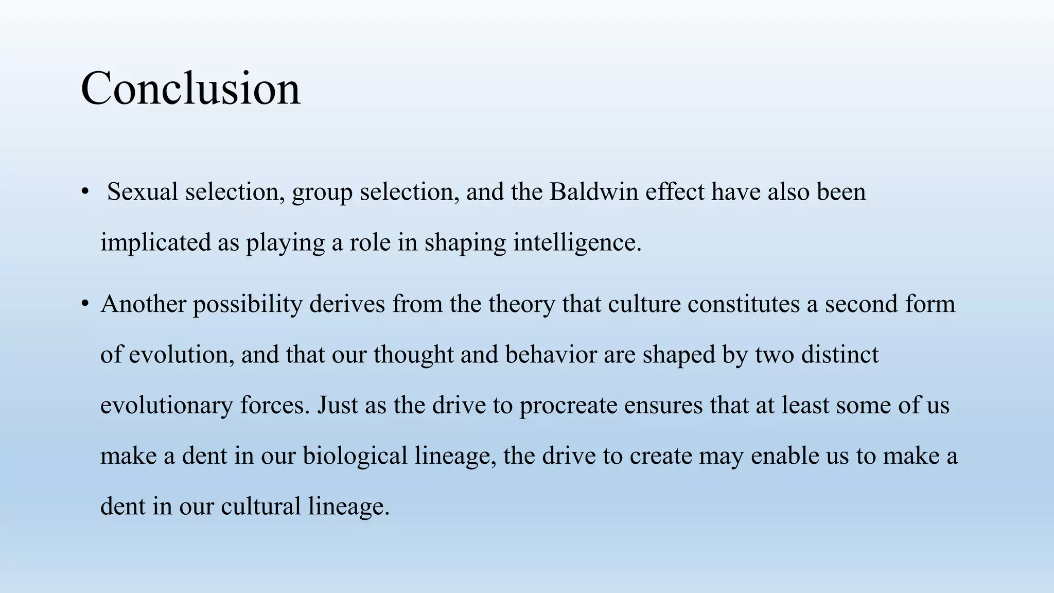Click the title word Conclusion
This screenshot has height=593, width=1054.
(190, 89)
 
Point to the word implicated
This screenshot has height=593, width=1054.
(155, 242)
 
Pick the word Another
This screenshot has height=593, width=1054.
(143, 304)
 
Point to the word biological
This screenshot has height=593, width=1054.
(355, 456)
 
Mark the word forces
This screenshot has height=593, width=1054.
(275, 405)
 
